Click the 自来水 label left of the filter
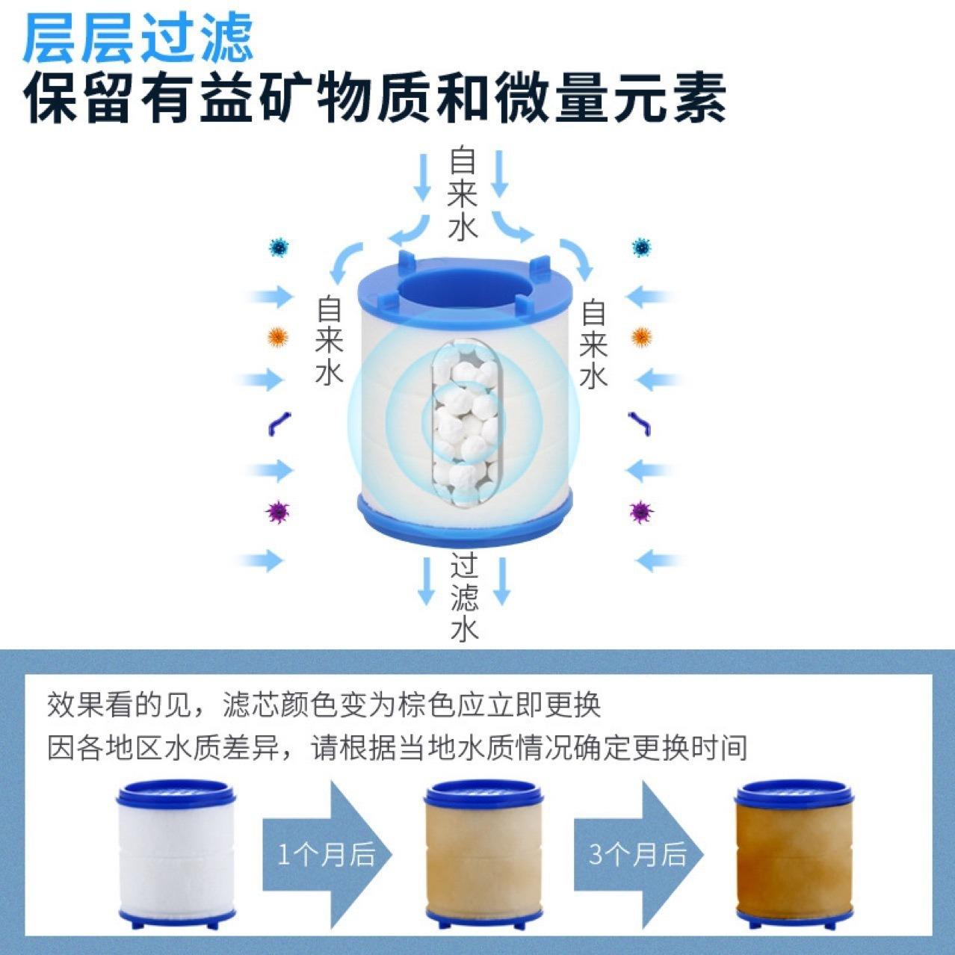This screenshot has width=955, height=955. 329,341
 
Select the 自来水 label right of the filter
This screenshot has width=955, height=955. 594,343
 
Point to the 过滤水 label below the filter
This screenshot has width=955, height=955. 464,599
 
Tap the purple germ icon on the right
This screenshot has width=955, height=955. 640,512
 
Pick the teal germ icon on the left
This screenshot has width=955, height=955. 279,247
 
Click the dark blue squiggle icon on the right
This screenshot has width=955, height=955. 641,423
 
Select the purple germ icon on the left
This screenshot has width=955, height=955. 278,512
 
